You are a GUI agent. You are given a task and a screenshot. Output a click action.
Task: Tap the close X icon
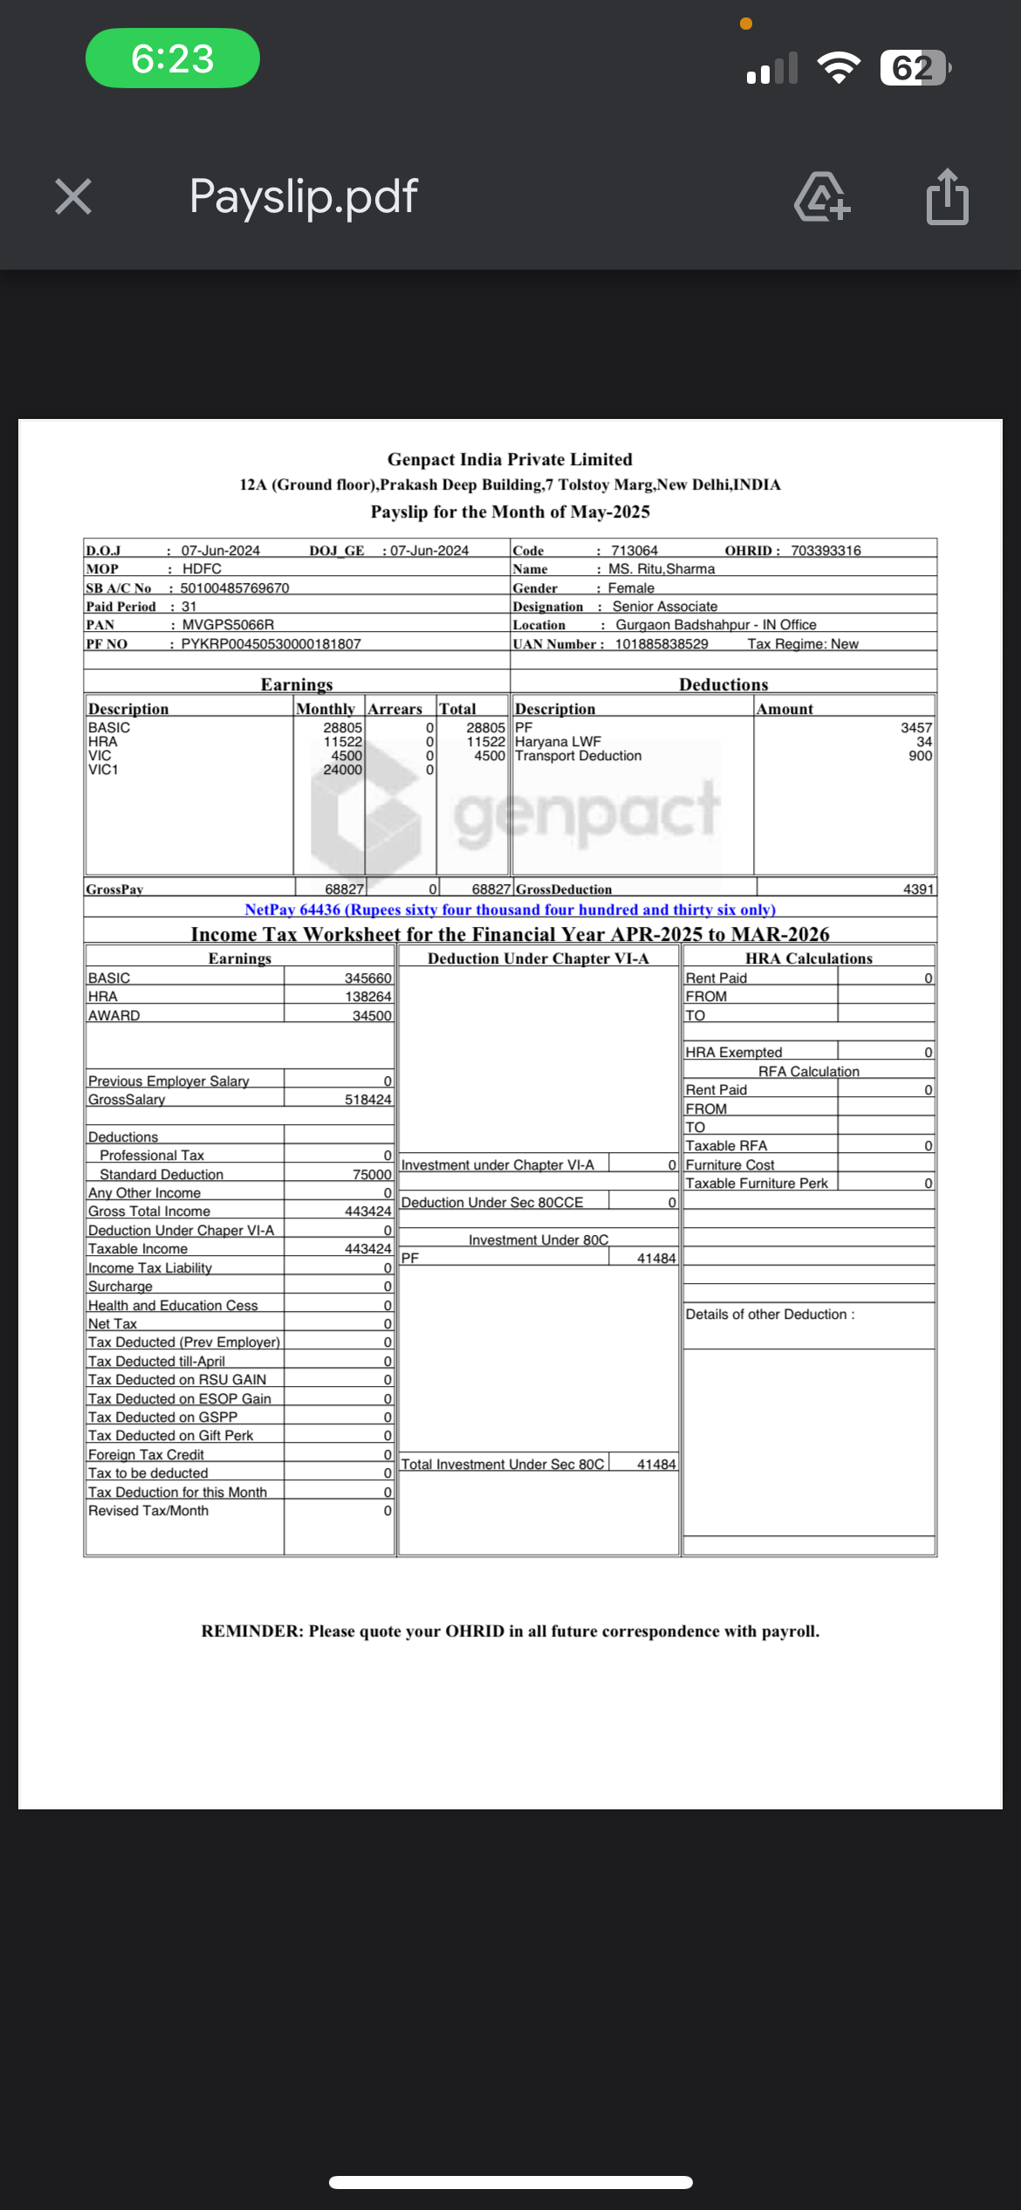coord(73,196)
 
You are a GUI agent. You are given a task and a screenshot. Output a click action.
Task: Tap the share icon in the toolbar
coord(947,197)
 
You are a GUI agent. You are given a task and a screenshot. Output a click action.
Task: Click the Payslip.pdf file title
coord(303,196)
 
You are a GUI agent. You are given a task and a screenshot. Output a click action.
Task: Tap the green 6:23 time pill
coord(173,58)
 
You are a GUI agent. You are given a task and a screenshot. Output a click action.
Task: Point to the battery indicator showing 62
coord(914,67)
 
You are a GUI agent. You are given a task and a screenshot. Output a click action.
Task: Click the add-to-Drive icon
coord(821,197)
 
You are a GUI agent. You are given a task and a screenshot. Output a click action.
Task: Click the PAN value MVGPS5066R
coord(228,625)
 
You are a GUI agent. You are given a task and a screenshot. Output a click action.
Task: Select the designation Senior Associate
coord(665,607)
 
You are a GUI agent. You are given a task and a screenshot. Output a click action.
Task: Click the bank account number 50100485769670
coord(235,588)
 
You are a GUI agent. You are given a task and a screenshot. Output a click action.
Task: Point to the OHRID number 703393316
coord(826,551)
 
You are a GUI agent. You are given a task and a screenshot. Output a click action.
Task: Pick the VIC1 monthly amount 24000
coord(342,770)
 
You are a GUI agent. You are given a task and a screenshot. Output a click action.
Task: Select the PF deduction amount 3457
coord(916,728)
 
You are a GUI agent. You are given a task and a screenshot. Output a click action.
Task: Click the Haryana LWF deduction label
coord(558,742)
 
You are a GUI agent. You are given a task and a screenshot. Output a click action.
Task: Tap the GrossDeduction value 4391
coord(918,889)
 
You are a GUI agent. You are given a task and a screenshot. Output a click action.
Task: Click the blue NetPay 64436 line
coord(510,909)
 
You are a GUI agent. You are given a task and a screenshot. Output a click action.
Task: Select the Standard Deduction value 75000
coord(372,1175)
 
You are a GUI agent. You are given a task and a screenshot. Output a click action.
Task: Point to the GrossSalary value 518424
coord(368,1100)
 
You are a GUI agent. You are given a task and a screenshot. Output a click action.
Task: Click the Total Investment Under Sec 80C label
coord(503,1465)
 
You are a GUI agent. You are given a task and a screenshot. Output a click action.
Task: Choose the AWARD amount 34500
coord(372,1016)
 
